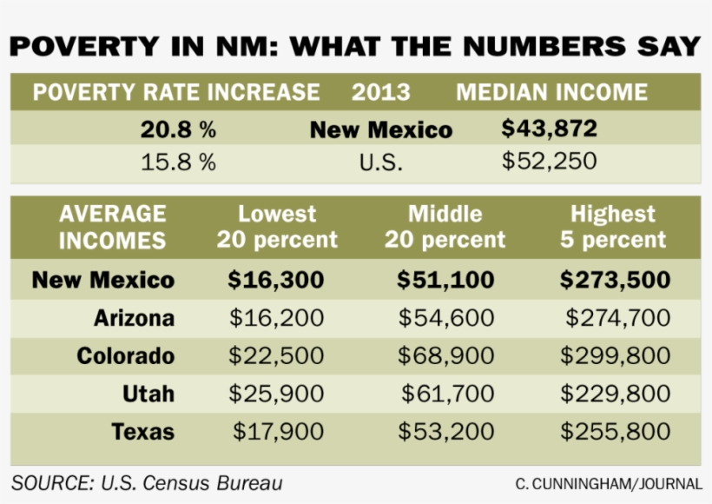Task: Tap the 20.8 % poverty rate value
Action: pyautogui.click(x=178, y=130)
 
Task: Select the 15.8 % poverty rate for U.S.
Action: pyautogui.click(x=178, y=162)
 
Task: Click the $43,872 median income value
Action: pyautogui.click(x=550, y=129)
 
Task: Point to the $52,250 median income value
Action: pyautogui.click(x=550, y=162)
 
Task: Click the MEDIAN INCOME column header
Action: pyautogui.click(x=551, y=93)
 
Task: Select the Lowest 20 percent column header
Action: pyautogui.click(x=277, y=227)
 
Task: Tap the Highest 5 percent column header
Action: pyautogui.click(x=613, y=227)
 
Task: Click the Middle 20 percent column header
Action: pyautogui.click(x=445, y=227)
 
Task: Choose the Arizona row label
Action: pyautogui.click(x=134, y=319)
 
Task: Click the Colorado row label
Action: pyautogui.click(x=125, y=356)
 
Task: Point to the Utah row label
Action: pyautogui.click(x=148, y=394)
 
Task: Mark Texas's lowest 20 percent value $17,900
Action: pyautogui.click(x=278, y=432)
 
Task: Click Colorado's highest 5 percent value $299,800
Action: pyautogui.click(x=615, y=356)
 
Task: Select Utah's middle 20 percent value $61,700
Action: pyautogui.click(x=447, y=394)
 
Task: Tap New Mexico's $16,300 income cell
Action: pyautogui.click(x=276, y=281)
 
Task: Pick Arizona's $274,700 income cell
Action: pyautogui.click(x=617, y=319)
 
